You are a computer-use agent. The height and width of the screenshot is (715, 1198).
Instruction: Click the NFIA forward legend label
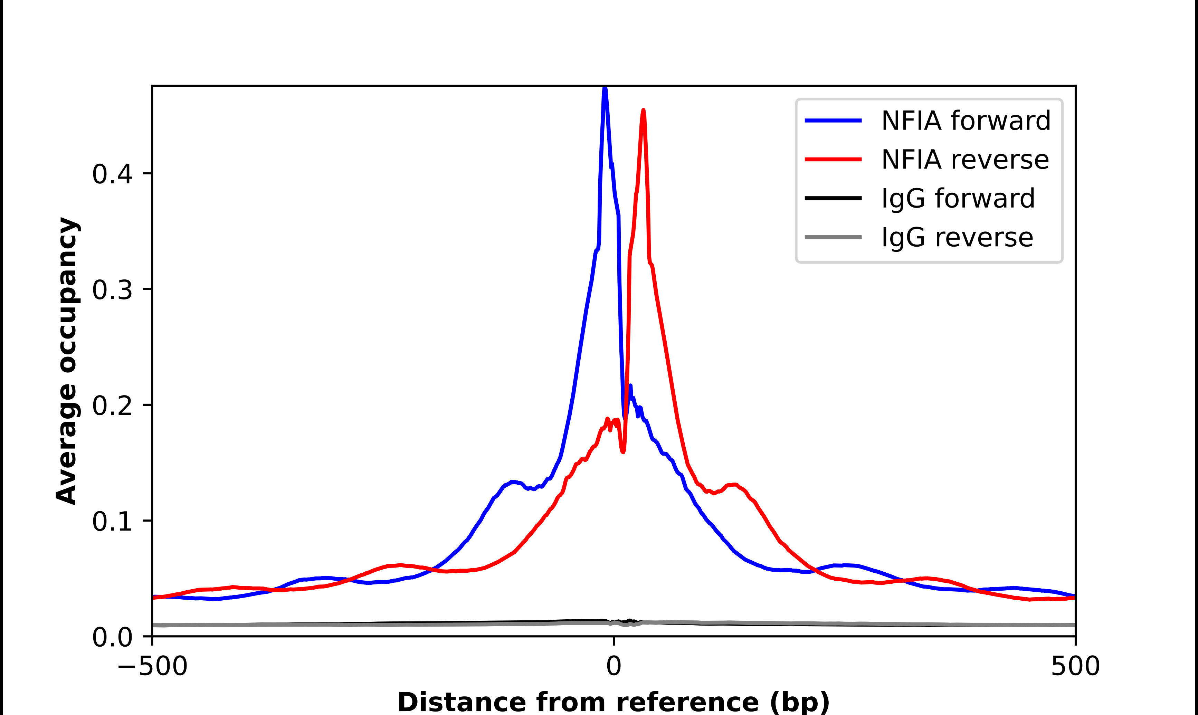(x=965, y=121)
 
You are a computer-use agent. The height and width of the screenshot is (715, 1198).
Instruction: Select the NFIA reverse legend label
(x=965, y=160)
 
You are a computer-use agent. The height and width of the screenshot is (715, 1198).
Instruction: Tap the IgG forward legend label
(x=958, y=199)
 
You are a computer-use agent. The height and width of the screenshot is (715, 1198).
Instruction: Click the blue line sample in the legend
(x=833, y=121)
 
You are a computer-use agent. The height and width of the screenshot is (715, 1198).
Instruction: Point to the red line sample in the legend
(x=833, y=159)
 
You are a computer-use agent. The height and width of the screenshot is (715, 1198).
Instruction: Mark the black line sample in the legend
(x=833, y=198)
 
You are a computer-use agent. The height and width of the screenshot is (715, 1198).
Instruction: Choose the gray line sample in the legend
(x=833, y=237)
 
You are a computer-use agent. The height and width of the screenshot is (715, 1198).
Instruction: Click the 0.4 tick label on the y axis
(x=112, y=174)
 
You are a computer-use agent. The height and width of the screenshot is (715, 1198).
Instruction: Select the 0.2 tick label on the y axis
(x=112, y=405)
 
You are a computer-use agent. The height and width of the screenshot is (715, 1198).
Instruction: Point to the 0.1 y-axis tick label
(x=112, y=521)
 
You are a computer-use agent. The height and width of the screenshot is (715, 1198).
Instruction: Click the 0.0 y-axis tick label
(x=112, y=637)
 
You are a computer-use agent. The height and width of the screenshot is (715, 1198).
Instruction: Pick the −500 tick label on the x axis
(x=152, y=666)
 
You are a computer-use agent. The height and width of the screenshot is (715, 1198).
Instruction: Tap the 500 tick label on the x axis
(x=1075, y=666)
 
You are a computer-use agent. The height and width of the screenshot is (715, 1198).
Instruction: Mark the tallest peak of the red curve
(x=643, y=111)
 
